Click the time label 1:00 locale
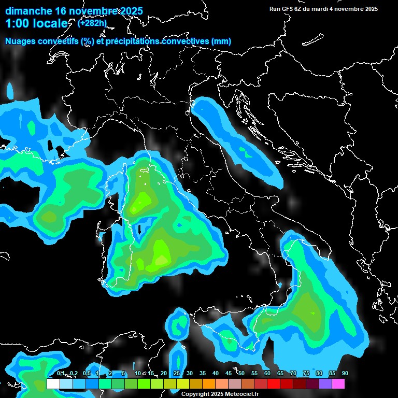click(x=36, y=23)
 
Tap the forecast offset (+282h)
click(x=93, y=23)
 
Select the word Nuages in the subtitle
click(x=20, y=41)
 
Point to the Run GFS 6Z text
click(x=289, y=9)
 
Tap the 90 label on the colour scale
click(x=345, y=374)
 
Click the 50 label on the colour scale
click(x=241, y=374)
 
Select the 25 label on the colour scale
click(x=177, y=374)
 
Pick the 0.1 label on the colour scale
click(x=61, y=374)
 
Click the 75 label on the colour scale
click(x=306, y=374)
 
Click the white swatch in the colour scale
click(x=53, y=383)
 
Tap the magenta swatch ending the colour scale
click(x=338, y=383)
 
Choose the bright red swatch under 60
click(x=274, y=383)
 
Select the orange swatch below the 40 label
click(x=209, y=383)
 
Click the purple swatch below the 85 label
click(x=325, y=383)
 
